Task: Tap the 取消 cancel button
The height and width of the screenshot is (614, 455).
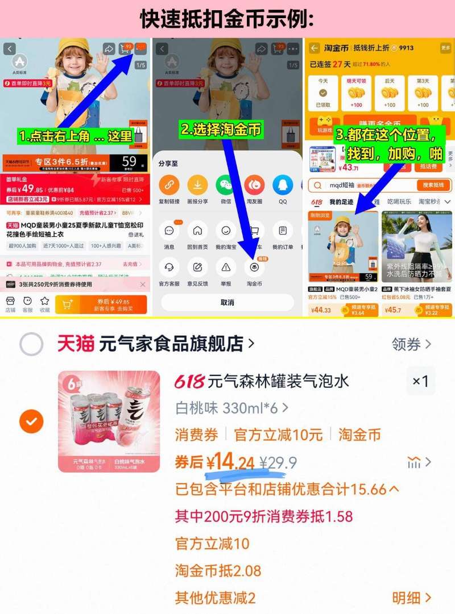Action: pos(227,302)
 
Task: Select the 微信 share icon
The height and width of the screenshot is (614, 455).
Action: pos(225,185)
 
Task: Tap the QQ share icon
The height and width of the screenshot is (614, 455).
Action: pos(282,185)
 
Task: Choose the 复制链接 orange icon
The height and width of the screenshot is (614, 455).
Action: pos(169,185)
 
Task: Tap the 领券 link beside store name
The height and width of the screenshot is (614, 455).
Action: pos(411,344)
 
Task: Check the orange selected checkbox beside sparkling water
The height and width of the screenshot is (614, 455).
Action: pos(31,421)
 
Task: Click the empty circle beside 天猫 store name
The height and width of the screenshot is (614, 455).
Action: pos(31,344)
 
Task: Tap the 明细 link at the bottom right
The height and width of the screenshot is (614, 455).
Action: pos(411,598)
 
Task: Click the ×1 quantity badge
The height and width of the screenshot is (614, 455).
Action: pos(420,381)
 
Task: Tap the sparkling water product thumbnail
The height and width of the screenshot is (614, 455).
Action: pos(109,421)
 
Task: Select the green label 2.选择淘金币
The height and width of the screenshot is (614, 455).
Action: pos(221,130)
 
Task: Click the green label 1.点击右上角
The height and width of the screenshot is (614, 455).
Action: pos(76,137)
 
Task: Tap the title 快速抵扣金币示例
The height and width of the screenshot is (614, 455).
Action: pos(227,19)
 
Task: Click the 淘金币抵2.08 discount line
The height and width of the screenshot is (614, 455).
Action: pos(218,570)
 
